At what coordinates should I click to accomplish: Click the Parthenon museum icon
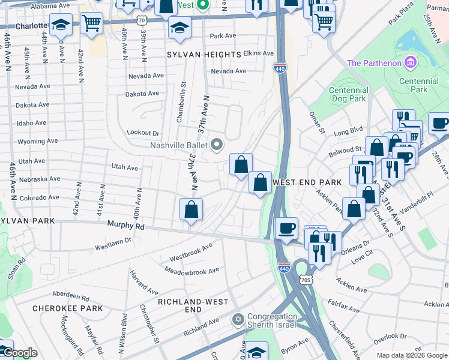411,62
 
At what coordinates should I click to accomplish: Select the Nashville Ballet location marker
217,145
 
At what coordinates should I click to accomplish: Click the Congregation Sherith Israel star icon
238,318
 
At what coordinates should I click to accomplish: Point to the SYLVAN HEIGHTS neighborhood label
203,54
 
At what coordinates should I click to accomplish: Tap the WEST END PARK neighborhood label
307,182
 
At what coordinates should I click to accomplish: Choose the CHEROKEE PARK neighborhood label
67,308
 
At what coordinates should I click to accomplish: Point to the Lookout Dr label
143,133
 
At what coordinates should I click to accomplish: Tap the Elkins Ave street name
259,53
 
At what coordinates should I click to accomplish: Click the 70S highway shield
306,280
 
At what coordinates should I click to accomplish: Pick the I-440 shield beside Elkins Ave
280,68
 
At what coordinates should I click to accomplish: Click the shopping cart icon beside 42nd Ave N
91,24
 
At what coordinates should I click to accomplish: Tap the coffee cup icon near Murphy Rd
286,228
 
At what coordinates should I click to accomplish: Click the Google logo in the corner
20,353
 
